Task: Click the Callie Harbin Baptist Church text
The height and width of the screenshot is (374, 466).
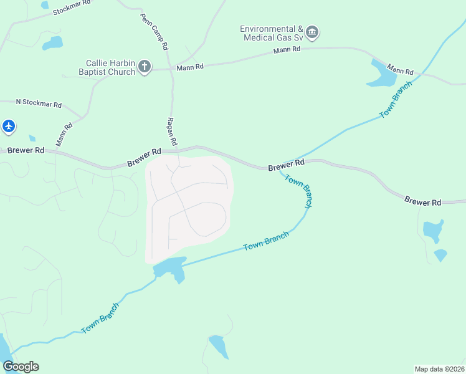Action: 110,67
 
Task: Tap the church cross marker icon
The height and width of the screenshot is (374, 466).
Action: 145,67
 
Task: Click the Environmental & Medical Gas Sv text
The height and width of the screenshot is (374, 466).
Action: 272,34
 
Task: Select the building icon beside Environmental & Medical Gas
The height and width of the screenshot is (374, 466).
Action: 313,32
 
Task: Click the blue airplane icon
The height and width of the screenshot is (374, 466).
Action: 9,127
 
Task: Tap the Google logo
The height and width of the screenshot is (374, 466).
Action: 21,367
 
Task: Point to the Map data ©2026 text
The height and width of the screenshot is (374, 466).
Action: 439,369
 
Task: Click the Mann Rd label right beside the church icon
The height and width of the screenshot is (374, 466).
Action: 190,67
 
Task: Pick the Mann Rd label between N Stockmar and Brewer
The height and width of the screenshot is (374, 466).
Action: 64,135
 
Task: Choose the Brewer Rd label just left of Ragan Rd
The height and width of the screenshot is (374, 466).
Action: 145,156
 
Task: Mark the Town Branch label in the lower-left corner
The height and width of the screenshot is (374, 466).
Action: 100,319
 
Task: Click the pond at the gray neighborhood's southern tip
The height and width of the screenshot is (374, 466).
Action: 169,268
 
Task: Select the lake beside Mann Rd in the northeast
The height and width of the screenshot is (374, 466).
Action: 382,74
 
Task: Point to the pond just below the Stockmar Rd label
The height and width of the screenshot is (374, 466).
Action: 52,43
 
